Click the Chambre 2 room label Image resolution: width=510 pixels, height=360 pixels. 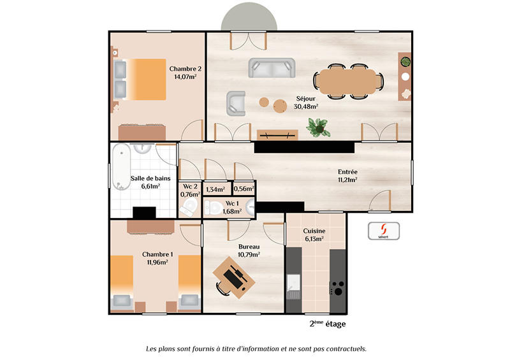click(x=185, y=69)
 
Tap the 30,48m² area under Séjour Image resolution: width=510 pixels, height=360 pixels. click(x=306, y=107)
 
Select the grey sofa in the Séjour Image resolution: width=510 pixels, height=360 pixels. click(x=272, y=68)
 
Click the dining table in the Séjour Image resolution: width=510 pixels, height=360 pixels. click(x=347, y=80)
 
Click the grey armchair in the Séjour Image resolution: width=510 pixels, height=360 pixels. click(x=236, y=103)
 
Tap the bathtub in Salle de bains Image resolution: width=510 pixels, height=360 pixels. click(x=120, y=167)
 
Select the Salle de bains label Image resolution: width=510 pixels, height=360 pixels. click(x=150, y=178)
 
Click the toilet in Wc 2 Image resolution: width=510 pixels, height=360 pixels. click(x=189, y=207)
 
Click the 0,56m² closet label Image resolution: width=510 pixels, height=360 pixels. click(x=244, y=189)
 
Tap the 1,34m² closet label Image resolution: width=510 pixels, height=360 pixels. click(x=215, y=189)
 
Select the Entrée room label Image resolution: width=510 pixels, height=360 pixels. click(x=347, y=171)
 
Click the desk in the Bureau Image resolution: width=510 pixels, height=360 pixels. click(x=234, y=276)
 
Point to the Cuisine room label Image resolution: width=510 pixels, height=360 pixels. click(x=314, y=231)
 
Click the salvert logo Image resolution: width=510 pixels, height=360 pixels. click(x=383, y=231)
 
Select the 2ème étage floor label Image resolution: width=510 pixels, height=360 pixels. click(x=328, y=324)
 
